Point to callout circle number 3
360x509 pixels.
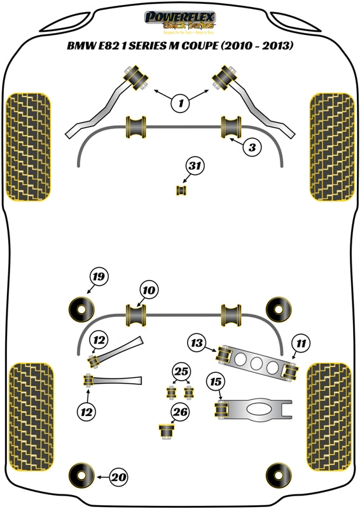[x=252, y=148]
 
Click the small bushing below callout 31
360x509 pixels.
[x=181, y=190]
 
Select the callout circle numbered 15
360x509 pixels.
[x=216, y=382]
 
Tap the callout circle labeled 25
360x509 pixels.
[x=180, y=371]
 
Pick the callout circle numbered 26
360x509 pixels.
[x=180, y=412]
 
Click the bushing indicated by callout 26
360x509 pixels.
[x=167, y=431]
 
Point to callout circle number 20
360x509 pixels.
[x=119, y=475]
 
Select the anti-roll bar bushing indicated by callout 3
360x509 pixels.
[x=230, y=126]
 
